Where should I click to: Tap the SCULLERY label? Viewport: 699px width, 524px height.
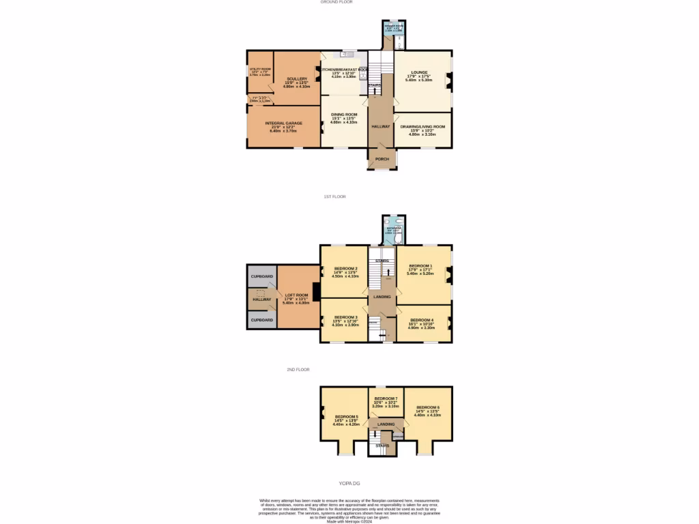297,78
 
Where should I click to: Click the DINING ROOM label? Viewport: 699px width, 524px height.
344,114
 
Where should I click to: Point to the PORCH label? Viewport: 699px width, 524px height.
382,159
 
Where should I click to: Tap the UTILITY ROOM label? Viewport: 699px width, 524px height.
260,69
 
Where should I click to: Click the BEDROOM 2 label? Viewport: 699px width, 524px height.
345,269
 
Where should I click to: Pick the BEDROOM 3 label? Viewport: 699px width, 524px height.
345,317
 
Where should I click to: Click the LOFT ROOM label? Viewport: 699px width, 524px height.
296,295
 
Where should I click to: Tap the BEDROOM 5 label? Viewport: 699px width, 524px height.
346,416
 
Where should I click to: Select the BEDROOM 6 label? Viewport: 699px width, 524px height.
428,407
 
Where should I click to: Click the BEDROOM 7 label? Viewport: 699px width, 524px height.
386,398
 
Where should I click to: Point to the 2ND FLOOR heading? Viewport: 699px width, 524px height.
298,370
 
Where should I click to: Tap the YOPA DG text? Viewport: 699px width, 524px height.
349,483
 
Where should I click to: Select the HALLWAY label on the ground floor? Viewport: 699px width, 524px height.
381,127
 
